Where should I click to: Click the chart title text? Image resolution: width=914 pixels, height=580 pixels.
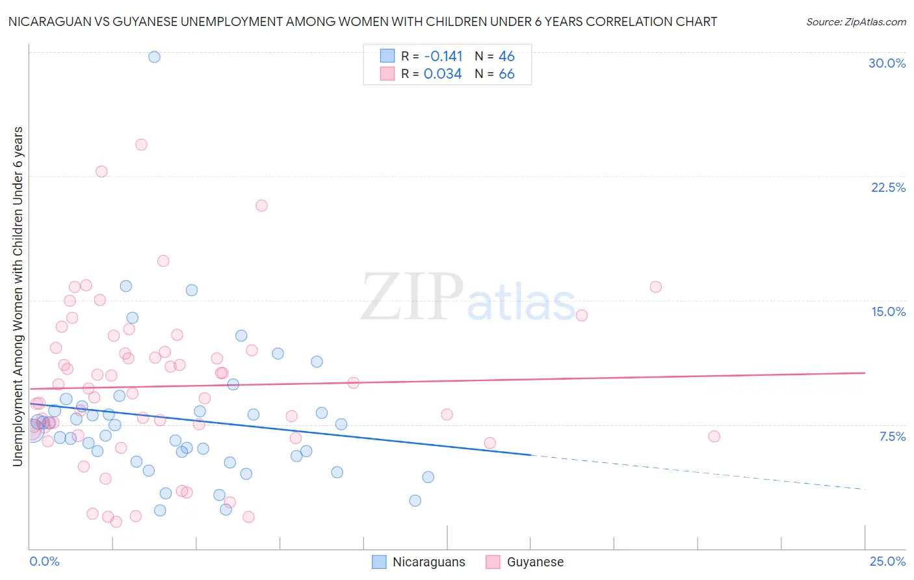pyautogui.click(x=362, y=21)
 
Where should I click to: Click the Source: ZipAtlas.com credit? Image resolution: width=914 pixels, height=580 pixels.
pyautogui.click(x=855, y=21)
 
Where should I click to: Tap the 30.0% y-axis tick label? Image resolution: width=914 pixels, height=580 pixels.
pyautogui.click(x=887, y=63)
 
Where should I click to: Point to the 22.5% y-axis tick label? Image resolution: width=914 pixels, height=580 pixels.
pyautogui.click(x=888, y=187)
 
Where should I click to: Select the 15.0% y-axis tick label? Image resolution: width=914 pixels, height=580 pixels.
pyautogui.click(x=888, y=311)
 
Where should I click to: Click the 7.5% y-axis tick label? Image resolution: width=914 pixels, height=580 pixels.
pyautogui.click(x=892, y=436)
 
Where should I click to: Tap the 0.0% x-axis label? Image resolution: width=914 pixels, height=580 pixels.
pyautogui.click(x=44, y=561)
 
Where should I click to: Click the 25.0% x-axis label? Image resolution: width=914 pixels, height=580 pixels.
pyautogui.click(x=887, y=561)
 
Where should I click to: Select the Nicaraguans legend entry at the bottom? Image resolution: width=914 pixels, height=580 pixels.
pyautogui.click(x=419, y=562)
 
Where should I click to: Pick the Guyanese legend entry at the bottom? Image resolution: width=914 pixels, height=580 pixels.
pyautogui.click(x=525, y=562)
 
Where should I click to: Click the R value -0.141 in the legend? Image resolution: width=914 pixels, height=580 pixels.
pyautogui.click(x=443, y=57)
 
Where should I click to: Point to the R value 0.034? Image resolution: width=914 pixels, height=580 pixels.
pyautogui.click(x=443, y=74)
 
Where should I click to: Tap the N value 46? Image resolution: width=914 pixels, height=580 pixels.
pyautogui.click(x=506, y=57)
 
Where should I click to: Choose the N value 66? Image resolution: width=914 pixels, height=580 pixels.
pyautogui.click(x=506, y=74)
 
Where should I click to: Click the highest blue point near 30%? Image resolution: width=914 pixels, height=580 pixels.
pyautogui.click(x=154, y=57)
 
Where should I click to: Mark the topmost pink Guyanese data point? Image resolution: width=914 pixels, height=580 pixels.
pyautogui.click(x=141, y=144)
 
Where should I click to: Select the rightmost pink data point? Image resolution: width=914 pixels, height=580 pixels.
pyautogui.click(x=714, y=436)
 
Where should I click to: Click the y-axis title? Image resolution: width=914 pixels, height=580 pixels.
pyautogui.click(x=18, y=297)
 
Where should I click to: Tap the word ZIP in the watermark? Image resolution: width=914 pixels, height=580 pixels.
pyautogui.click(x=411, y=297)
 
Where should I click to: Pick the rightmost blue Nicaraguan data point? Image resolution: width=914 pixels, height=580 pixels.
pyautogui.click(x=428, y=477)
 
